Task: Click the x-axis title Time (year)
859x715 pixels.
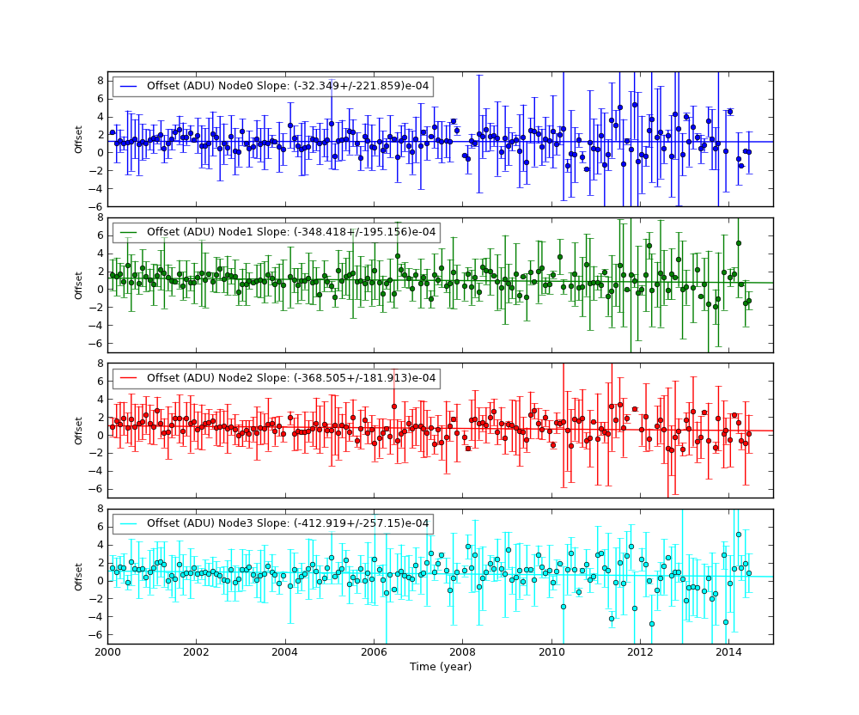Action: (x=440, y=667)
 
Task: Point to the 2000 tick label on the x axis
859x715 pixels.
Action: (x=107, y=652)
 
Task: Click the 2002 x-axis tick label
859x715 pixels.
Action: (x=196, y=652)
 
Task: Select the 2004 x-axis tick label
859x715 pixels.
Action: (x=284, y=652)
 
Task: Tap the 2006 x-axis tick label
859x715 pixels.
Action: (x=374, y=652)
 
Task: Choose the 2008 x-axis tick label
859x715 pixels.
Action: (x=462, y=652)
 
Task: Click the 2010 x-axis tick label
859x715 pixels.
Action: (x=551, y=652)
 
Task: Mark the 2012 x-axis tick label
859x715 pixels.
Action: (x=640, y=652)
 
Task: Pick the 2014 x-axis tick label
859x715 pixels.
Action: (x=728, y=652)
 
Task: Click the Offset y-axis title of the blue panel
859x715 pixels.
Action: (x=79, y=139)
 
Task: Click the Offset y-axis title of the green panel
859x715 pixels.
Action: (x=79, y=285)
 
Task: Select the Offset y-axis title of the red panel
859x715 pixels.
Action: (x=79, y=431)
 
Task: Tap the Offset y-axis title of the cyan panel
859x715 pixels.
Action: (x=79, y=577)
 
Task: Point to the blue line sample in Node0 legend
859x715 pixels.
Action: (x=128, y=86)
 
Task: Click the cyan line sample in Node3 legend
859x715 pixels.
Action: (x=128, y=523)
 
